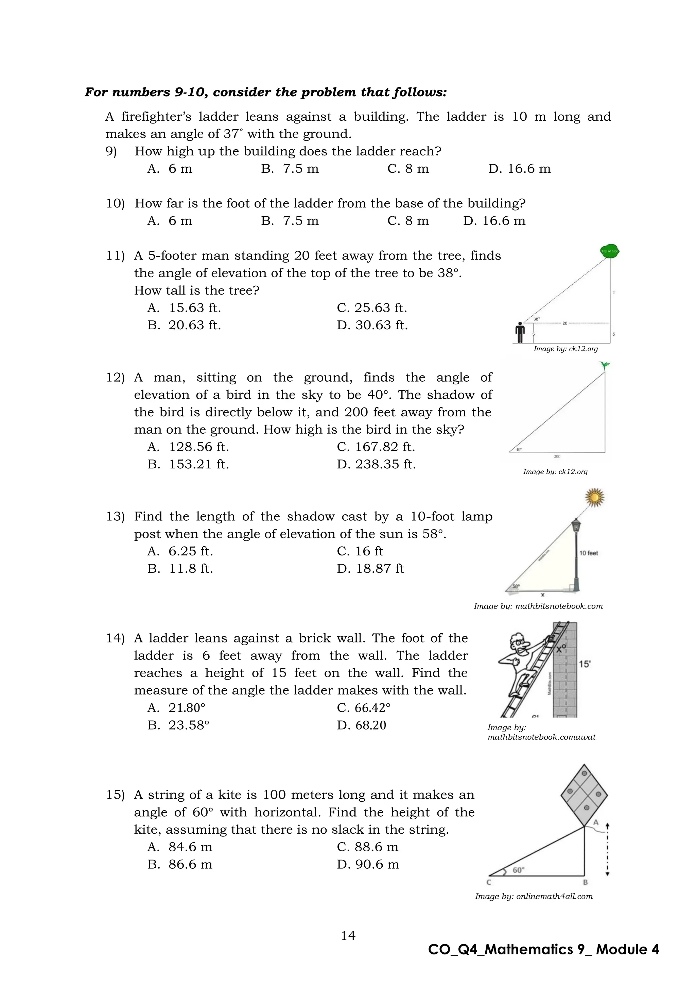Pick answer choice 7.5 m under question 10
[290, 221]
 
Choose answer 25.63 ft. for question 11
[372, 308]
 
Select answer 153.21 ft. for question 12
[189, 464]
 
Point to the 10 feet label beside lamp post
[588, 553]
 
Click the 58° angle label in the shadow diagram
[516, 586]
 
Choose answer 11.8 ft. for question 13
[180, 569]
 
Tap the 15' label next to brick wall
[585, 664]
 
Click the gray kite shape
[584, 795]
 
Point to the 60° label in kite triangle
[518, 870]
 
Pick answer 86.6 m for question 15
[180, 865]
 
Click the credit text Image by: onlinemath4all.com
[534, 896]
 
